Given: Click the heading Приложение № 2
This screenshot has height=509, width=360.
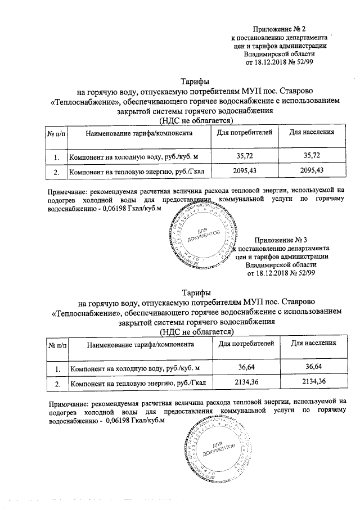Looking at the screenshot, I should pos(279,29).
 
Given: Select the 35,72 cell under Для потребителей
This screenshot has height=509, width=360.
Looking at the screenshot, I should pos(245,155).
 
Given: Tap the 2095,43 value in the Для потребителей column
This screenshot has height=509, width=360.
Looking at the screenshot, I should pos(245,171).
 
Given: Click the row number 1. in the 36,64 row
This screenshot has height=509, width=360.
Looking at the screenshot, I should pos(56,368).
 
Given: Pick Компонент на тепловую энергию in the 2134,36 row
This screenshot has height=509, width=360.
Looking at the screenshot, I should pos(137,383).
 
